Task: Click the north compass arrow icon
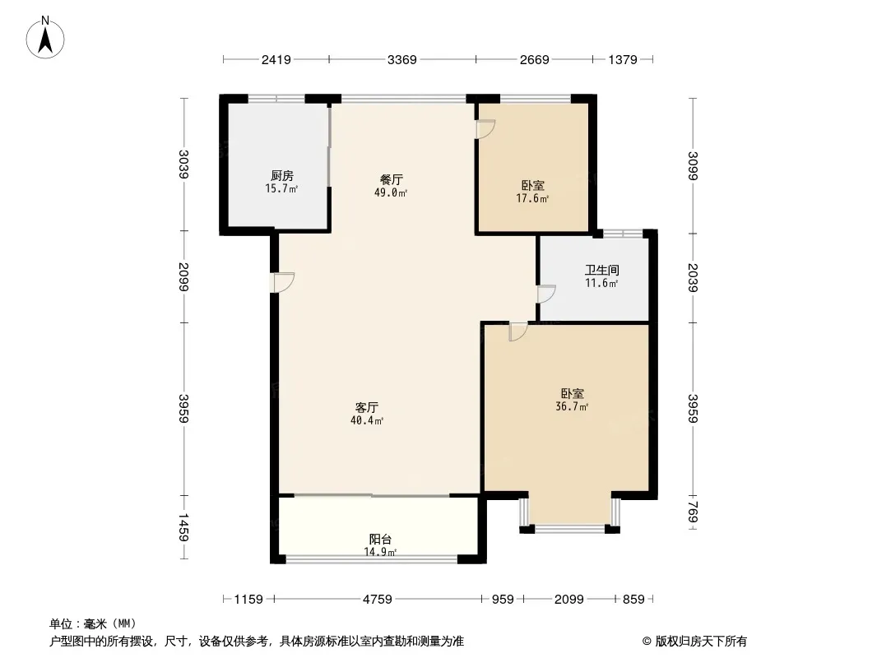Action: coord(46,38)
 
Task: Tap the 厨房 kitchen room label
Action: coord(281,175)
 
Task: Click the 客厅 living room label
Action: coord(367,407)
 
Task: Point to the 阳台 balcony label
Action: coord(380,540)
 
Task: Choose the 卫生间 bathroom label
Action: coord(601,270)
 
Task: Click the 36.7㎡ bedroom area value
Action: coord(573,407)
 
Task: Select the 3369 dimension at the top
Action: coord(402,59)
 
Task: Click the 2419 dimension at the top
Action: coord(276,59)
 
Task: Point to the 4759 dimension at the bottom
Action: coord(378,600)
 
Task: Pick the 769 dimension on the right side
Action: coord(693,515)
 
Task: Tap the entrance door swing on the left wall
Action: coord(284,282)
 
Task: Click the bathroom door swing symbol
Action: coord(546,294)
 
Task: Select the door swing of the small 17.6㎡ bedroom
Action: coord(485,129)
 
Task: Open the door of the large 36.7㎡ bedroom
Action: coord(517,332)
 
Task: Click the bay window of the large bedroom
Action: coord(569,526)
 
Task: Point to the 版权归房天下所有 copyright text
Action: coord(694,642)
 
